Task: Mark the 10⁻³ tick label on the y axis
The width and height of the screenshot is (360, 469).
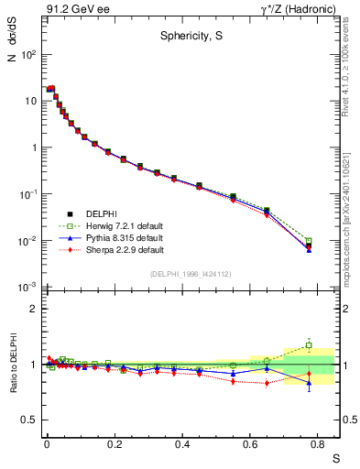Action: [x=28, y=288]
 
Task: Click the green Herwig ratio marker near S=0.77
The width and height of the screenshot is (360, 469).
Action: [x=309, y=345]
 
